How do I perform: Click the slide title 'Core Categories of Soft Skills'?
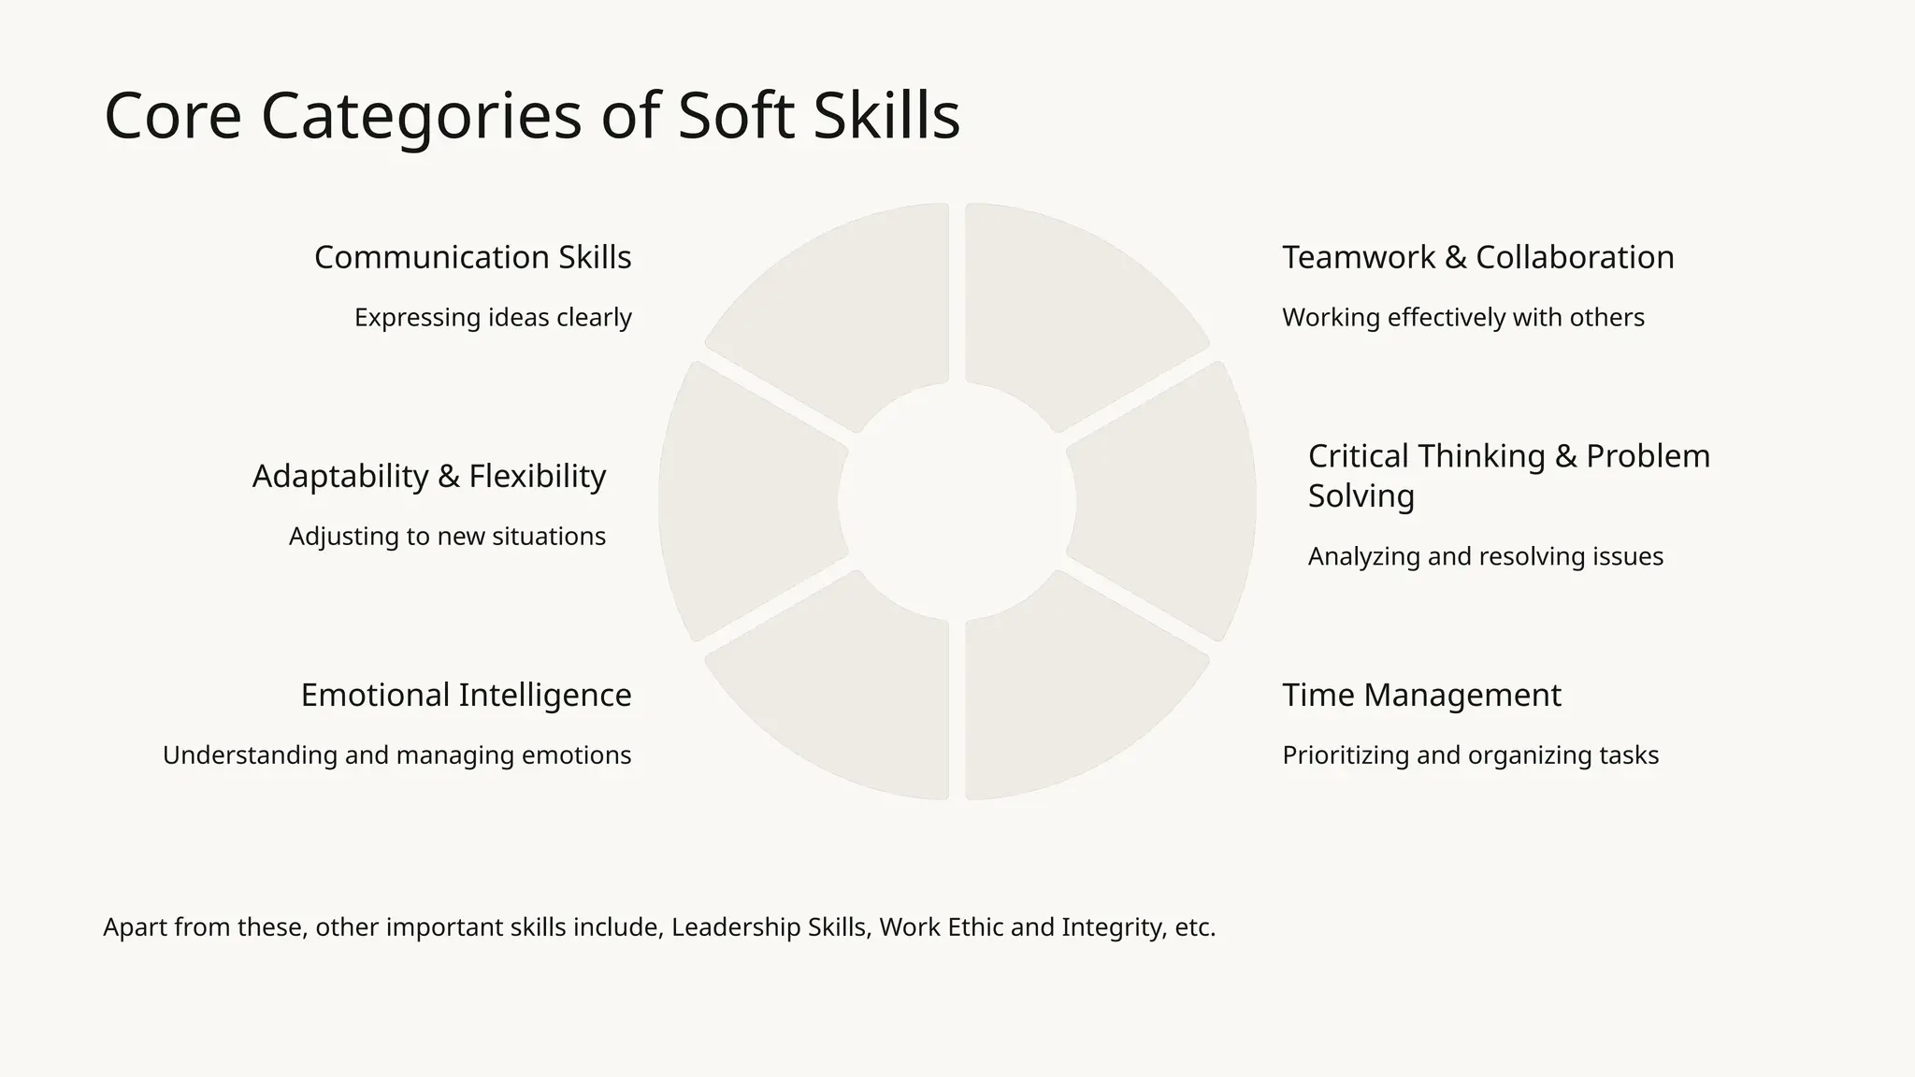tap(531, 116)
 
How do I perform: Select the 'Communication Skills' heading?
tap(472, 257)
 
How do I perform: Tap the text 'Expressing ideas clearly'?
tap(493, 318)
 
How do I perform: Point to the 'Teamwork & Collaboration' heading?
tap(1477, 257)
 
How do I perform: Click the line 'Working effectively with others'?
tap(1462, 318)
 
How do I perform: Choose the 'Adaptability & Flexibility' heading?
tap(429, 476)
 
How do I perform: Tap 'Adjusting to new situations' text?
tap(447, 537)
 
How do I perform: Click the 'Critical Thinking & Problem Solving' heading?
tap(1508, 475)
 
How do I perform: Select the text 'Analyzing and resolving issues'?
tap(1485, 557)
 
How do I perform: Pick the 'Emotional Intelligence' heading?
tap(466, 696)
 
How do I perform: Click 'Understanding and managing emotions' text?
tap(396, 755)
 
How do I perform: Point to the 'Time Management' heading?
tap(1421, 696)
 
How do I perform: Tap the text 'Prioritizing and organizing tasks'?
tap(1470, 755)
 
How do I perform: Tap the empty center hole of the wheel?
tap(957, 501)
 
